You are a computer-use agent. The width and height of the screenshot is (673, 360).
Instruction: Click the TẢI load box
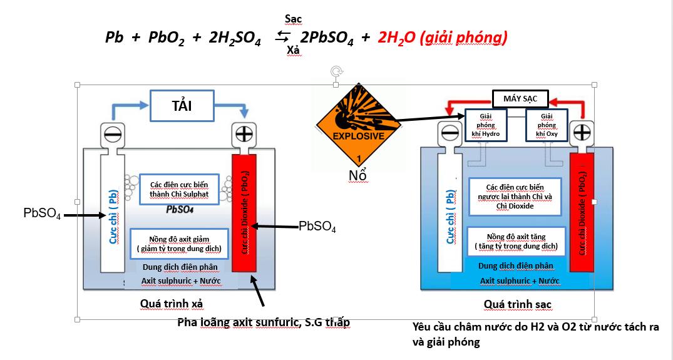pos(182,106)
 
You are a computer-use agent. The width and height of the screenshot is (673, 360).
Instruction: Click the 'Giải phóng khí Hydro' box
pos(486,125)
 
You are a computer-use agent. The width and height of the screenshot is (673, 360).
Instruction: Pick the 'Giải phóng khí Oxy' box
pos(546,125)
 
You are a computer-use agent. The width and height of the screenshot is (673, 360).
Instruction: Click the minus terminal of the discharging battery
pos(113,135)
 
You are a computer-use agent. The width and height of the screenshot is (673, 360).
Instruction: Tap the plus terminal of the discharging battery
pos(244,134)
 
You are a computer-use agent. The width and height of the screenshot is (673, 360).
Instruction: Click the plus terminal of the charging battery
pos(582,133)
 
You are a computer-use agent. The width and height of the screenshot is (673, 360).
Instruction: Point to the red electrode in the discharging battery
pos(244,213)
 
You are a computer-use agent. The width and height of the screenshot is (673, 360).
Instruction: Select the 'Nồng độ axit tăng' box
pos(516,242)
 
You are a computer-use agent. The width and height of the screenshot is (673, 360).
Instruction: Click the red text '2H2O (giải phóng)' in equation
pos(442,38)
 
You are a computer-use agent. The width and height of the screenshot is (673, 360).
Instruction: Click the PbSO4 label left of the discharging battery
pos(42,213)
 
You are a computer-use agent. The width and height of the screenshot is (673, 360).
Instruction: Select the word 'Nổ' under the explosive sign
pos(357,175)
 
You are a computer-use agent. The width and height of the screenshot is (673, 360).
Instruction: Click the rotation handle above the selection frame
pos(336,71)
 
